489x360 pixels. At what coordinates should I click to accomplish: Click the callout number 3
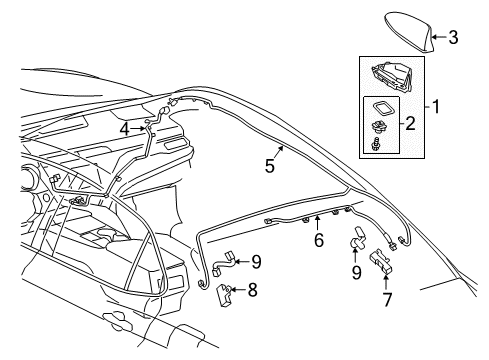(453, 38)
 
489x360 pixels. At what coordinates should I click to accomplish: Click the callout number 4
(124, 128)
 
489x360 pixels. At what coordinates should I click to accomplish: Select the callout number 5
(269, 167)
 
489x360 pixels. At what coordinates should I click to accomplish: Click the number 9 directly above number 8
(256, 262)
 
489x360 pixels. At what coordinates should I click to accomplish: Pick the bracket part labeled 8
(227, 291)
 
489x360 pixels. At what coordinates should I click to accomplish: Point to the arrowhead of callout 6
(317, 219)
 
